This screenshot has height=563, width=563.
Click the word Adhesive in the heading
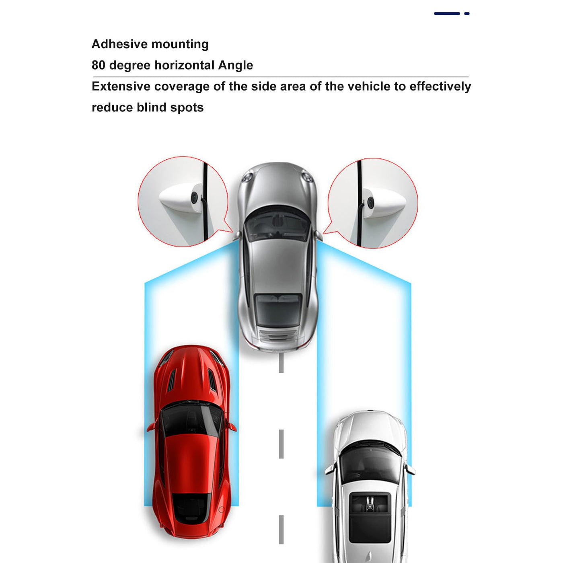[120, 44]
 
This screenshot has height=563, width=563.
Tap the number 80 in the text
[98, 65]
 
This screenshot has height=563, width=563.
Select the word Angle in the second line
[236, 66]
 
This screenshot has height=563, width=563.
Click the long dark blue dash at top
[447, 13]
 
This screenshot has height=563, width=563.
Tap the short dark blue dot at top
[466, 13]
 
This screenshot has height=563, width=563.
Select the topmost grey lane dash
[281, 363]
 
